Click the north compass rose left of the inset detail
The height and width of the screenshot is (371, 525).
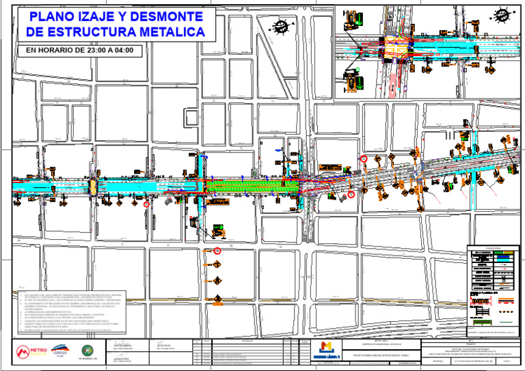(280, 27)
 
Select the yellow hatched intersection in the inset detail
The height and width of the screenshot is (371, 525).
(396, 49)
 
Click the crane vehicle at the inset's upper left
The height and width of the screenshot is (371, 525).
(352, 35)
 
